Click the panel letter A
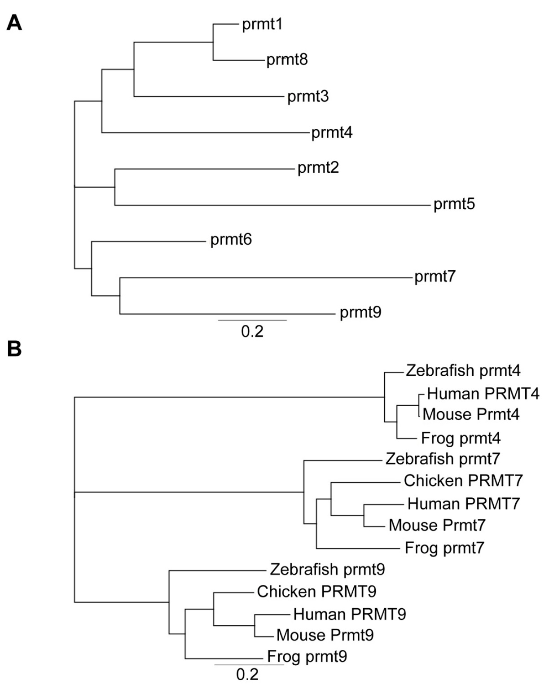coord(14,22)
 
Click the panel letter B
coord(14,348)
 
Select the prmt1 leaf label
coord(262,24)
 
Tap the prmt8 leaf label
coord(287,59)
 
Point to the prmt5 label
coord(454,204)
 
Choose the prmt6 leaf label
coord(231,239)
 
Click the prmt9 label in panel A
coord(360,312)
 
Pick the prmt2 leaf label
coord(318,167)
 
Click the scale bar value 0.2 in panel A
coord(252,331)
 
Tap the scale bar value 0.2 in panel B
coord(247,674)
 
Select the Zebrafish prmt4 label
coord(463,370)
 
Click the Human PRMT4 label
coord(483,394)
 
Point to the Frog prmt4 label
coord(461,438)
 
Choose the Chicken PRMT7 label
coord(463,481)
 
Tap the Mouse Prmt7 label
coord(437,525)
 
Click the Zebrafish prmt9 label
coord(327,569)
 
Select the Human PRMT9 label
coord(349,614)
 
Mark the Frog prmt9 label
coord(307,656)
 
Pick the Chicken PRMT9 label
coord(316,592)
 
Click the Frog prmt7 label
coord(444,548)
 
